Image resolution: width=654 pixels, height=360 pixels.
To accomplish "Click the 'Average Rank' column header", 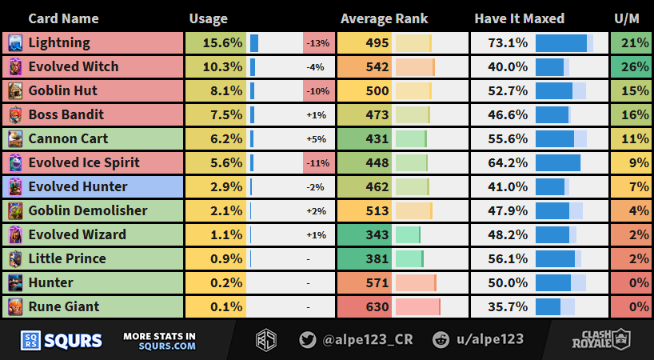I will [384, 18].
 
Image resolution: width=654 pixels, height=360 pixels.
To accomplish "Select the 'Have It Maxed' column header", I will [519, 18].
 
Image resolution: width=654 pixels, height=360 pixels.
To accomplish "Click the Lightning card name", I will [59, 42].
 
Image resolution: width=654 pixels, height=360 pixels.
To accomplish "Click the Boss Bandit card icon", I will [16, 114].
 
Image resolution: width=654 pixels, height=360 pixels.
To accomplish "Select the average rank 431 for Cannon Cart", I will [375, 138].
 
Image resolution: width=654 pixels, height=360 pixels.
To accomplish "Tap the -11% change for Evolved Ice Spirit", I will [319, 162].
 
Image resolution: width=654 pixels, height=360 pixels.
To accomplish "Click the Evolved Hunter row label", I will [78, 186].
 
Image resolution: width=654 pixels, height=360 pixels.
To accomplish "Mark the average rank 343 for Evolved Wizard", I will [375, 234].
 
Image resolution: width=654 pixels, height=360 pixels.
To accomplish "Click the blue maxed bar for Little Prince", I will [555, 258].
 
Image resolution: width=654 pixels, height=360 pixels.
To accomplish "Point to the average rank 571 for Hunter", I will [375, 282].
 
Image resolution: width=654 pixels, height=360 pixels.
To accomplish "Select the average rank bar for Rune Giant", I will [417, 306].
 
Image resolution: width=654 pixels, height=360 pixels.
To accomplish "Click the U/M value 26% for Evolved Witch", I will [636, 66].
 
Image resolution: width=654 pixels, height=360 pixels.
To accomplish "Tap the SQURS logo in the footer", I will [62, 340].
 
